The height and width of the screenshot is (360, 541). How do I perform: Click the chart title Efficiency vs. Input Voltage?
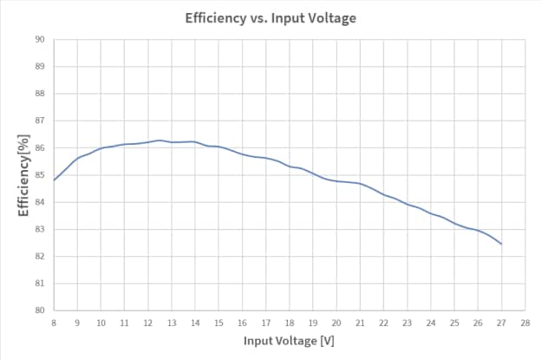pyautogui.click(x=270, y=17)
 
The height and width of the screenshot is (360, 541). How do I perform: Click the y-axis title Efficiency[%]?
pyautogui.click(x=24, y=174)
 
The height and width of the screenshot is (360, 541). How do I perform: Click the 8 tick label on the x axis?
pyautogui.click(x=54, y=323)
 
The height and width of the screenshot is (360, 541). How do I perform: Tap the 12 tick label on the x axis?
pyautogui.click(x=148, y=323)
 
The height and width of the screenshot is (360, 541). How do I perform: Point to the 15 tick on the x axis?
pyautogui.click(x=218, y=323)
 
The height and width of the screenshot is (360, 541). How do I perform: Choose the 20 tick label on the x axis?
pyautogui.click(x=336, y=323)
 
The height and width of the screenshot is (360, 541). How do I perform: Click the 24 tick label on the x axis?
pyautogui.click(x=431, y=323)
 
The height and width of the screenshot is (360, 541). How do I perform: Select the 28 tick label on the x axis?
pyautogui.click(x=525, y=323)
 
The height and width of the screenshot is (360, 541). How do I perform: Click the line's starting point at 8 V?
pyautogui.click(x=54, y=180)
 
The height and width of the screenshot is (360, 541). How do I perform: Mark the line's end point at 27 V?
pyautogui.click(x=502, y=244)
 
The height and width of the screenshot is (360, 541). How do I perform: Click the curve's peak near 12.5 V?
pyautogui.click(x=160, y=140)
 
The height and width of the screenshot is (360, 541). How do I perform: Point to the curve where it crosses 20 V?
pyautogui.click(x=336, y=181)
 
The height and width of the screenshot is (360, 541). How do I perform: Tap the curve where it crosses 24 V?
pyautogui.click(x=431, y=213)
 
